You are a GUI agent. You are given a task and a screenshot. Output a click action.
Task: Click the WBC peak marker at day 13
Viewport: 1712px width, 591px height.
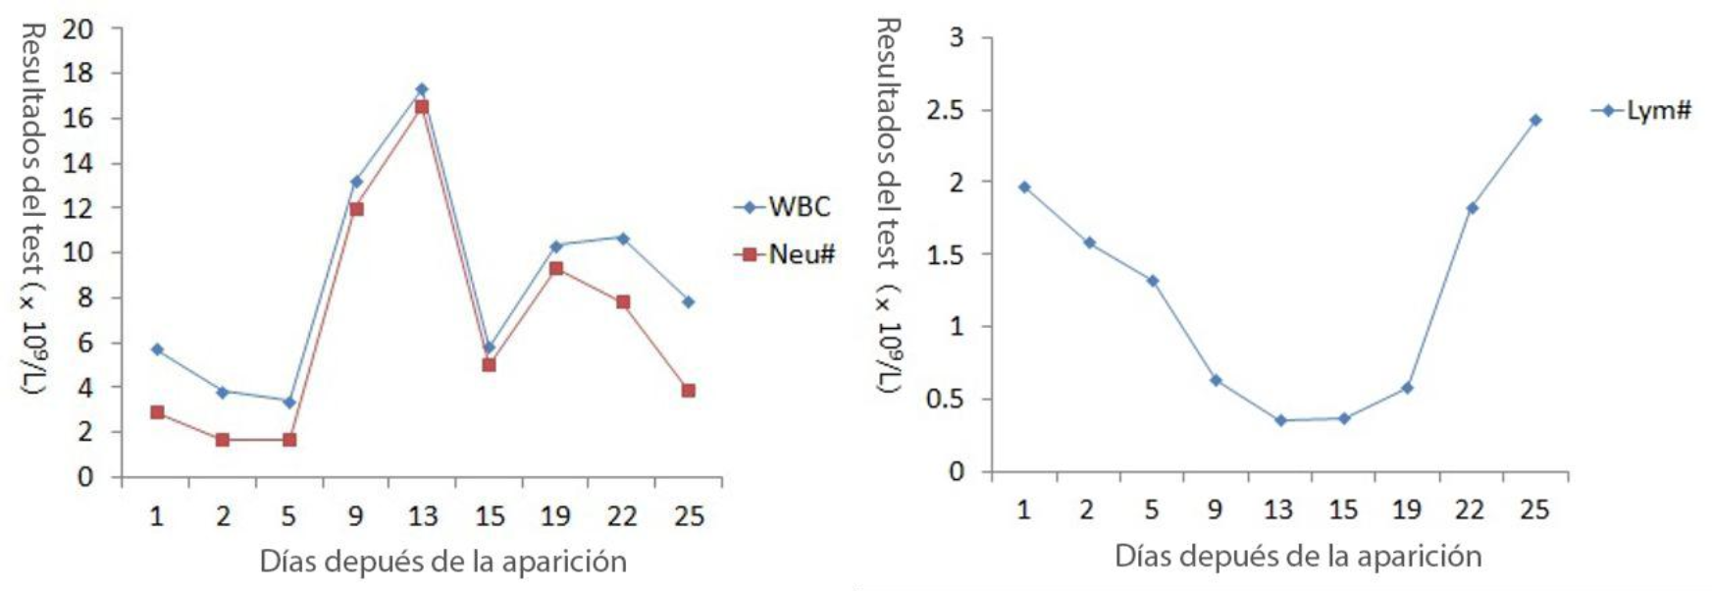click(422, 89)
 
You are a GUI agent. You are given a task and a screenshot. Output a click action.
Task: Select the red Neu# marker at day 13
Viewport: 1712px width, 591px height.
click(422, 107)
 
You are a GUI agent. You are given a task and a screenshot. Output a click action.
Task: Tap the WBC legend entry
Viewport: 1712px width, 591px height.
click(783, 207)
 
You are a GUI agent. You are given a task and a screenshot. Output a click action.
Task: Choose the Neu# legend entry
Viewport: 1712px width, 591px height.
click(785, 254)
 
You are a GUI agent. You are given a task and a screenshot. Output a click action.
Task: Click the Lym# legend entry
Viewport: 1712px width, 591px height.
click(1642, 111)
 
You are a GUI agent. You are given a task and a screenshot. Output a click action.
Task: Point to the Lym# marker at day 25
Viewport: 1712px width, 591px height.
click(1534, 120)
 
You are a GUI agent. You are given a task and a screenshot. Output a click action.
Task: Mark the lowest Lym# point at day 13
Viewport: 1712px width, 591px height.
click(1279, 420)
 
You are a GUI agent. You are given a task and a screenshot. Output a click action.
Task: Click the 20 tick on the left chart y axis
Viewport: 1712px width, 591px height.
click(78, 29)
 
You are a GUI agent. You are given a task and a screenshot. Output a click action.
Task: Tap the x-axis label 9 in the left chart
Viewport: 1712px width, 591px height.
click(355, 515)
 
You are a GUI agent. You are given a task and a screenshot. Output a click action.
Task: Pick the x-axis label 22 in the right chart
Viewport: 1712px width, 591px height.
click(1470, 509)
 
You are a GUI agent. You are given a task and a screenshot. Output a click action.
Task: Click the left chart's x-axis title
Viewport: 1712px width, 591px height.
click(442, 562)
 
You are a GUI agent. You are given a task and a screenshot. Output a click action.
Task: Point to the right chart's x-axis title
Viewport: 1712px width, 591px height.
click(1297, 557)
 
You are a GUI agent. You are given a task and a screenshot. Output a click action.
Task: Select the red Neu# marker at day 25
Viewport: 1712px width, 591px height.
click(688, 391)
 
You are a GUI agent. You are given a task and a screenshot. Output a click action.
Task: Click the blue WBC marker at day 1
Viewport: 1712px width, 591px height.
click(157, 349)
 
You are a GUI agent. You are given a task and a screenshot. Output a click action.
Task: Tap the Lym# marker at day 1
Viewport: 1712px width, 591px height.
click(1024, 187)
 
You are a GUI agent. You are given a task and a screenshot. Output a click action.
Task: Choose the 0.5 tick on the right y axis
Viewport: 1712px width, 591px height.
click(945, 400)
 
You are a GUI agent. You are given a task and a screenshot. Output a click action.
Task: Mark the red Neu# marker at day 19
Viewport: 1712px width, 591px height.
click(556, 268)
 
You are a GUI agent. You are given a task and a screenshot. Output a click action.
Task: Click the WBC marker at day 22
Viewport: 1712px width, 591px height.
click(622, 238)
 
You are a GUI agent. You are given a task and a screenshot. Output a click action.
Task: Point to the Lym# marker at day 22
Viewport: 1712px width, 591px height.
click(1472, 208)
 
